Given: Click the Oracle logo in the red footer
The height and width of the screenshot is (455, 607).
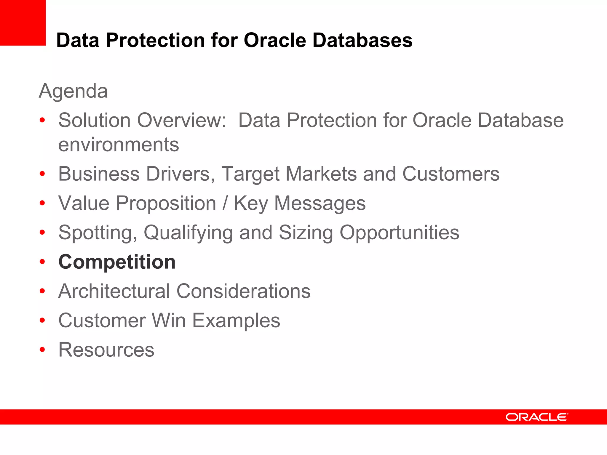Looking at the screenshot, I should click(x=536, y=417).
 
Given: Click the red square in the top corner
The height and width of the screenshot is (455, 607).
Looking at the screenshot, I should click(x=23, y=23).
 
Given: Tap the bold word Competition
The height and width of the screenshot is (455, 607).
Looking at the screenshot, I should click(x=117, y=262).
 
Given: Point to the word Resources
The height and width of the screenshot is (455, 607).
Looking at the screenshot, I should click(x=106, y=350).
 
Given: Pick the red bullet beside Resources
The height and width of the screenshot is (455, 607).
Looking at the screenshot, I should click(x=42, y=350).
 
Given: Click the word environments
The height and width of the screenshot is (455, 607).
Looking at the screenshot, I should click(x=119, y=145).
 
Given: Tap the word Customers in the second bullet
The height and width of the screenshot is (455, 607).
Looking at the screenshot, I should click(x=451, y=174).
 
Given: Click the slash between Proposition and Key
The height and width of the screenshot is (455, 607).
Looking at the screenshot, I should click(x=225, y=204).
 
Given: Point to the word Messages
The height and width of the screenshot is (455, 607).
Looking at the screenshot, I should click(x=320, y=204).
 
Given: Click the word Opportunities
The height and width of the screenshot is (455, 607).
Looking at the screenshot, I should click(x=399, y=233).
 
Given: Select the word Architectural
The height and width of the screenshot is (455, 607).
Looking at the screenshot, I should click(x=114, y=291).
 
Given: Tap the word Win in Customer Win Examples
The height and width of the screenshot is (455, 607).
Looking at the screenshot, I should click(x=169, y=321).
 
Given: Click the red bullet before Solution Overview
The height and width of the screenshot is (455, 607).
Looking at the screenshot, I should click(x=42, y=120).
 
